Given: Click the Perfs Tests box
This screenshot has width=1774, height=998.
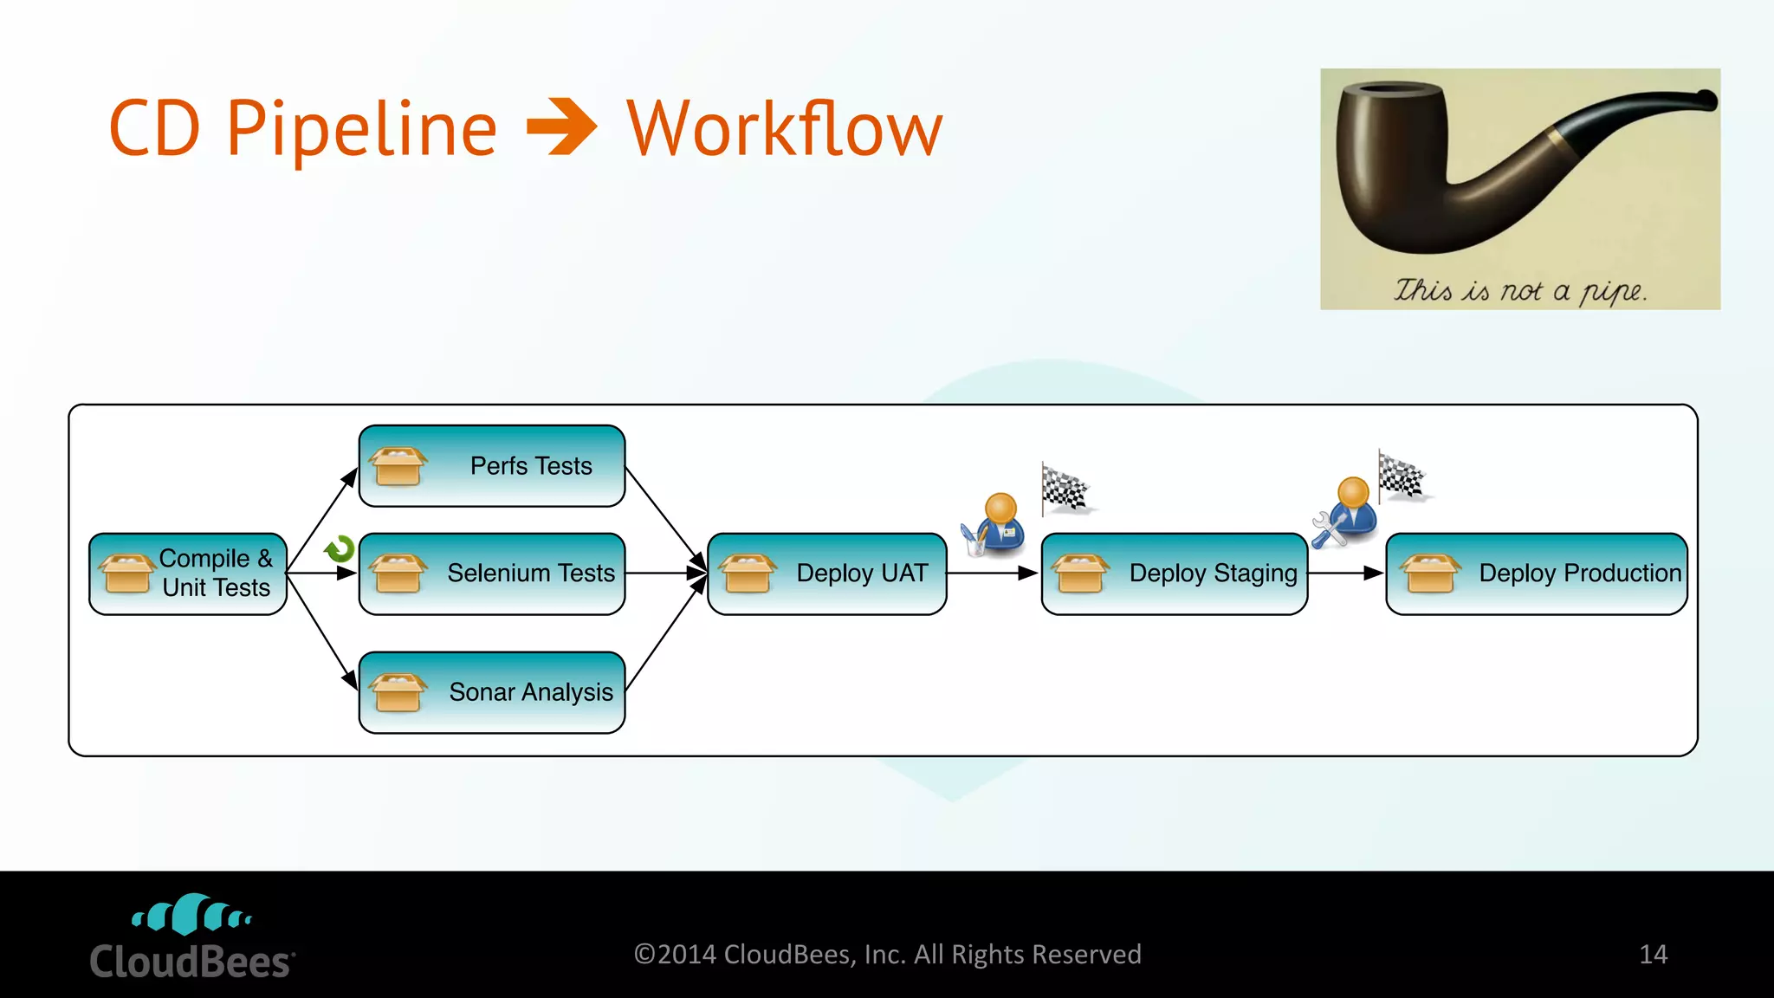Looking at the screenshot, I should (492, 466).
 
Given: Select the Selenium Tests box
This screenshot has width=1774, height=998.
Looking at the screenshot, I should (492, 574).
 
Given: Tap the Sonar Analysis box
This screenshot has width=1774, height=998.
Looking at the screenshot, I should (492, 692).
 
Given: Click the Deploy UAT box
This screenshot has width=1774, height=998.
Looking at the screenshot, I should (827, 574).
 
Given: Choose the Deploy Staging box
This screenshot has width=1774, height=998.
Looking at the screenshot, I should (1175, 574).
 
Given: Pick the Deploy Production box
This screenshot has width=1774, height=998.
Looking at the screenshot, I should (1537, 574).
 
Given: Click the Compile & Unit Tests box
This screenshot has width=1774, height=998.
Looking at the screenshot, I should (188, 574).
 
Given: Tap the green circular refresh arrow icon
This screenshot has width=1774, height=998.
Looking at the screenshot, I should (340, 549).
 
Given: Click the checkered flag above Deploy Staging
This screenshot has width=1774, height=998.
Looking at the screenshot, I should (1065, 489).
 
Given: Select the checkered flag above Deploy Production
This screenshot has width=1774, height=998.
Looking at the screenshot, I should (1402, 476).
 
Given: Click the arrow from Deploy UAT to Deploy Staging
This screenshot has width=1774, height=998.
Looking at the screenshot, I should (993, 574).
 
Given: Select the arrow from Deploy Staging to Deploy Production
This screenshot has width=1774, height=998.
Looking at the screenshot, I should (1346, 574).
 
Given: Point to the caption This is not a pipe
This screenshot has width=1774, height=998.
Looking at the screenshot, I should (1520, 290).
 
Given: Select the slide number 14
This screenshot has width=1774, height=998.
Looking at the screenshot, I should (1653, 955).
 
